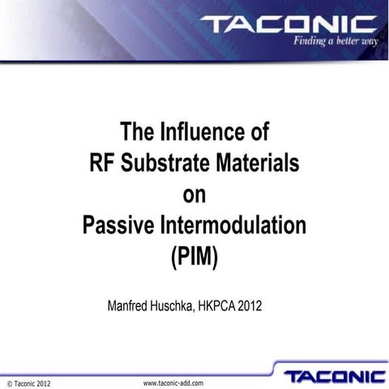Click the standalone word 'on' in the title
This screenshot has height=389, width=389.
click(194, 195)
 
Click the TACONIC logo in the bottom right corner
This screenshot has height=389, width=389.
click(335, 376)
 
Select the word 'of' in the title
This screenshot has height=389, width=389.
click(259, 131)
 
